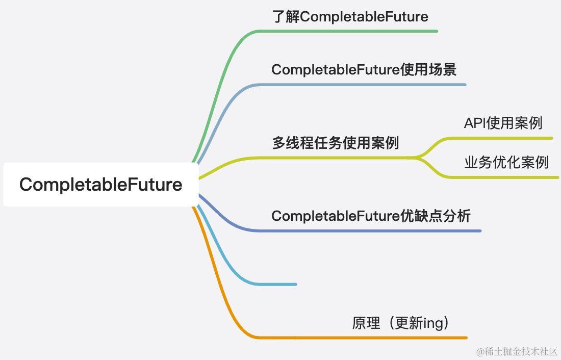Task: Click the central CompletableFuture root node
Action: click(x=100, y=184)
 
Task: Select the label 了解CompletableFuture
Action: click(x=350, y=17)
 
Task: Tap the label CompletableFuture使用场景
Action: click(x=364, y=70)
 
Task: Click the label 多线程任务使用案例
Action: click(x=335, y=143)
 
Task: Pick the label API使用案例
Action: click(x=503, y=123)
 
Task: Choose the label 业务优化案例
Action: click(x=506, y=162)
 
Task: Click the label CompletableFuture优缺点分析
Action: click(x=371, y=216)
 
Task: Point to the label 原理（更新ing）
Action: click(x=401, y=323)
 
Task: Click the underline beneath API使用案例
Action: click(x=505, y=138)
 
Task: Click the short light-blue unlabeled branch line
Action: click(x=275, y=284)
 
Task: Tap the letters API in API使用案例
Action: click(x=474, y=123)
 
